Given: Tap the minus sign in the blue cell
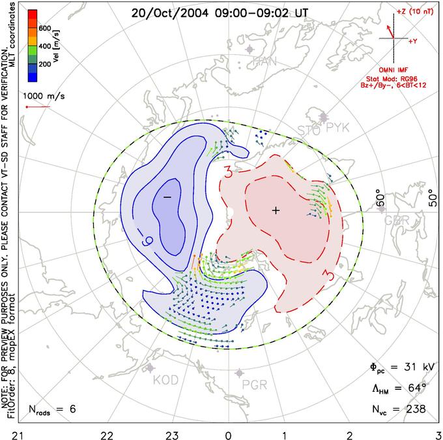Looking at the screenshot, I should point(167,196).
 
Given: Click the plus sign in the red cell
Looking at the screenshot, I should point(276,210).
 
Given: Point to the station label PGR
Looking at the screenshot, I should point(254,385).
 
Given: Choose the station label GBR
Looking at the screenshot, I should point(396,221).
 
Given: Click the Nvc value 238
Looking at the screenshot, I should point(414,409).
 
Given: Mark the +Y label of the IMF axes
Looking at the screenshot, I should point(413,41).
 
